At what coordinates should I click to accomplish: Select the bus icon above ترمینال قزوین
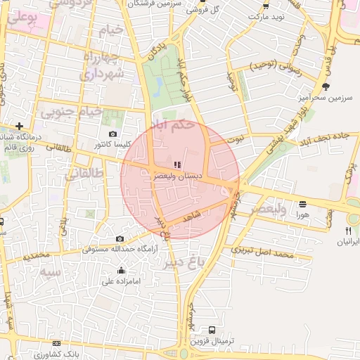[x=212, y=330]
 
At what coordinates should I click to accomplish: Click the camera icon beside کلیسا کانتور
[x=113, y=134]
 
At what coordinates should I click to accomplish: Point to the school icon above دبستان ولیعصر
[x=176, y=165]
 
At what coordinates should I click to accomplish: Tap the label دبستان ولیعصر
[x=179, y=177]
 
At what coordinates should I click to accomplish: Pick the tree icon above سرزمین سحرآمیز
[x=325, y=86]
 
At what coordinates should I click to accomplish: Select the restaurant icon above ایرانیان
[x=348, y=231]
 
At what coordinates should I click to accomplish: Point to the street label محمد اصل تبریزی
[x=265, y=251]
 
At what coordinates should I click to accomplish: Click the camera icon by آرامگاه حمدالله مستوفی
[x=120, y=239]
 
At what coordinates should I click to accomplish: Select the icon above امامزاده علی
[x=122, y=270]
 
